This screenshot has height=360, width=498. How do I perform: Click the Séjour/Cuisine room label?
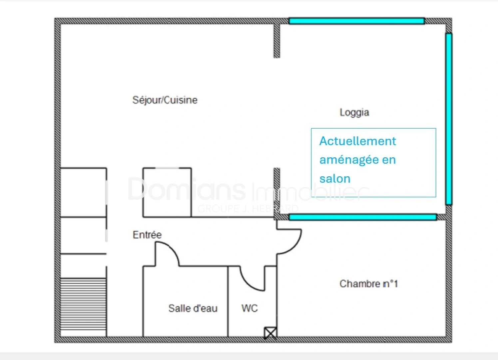coord(165,100)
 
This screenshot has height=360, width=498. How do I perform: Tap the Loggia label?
coord(354,113)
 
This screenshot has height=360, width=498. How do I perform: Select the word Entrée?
coord(147,235)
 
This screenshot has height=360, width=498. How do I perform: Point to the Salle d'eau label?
coord(193,308)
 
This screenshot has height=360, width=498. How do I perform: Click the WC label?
coord(249,308)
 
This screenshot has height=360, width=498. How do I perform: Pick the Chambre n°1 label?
coord(369,284)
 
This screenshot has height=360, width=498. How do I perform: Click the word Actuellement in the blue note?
coord(358,141)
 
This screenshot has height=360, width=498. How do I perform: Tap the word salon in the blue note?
coord(335,179)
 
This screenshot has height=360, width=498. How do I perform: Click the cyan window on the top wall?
coord(357,21)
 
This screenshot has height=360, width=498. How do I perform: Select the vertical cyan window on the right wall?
coord(449,119)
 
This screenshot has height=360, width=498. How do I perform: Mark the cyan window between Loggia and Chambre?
coord(363,217)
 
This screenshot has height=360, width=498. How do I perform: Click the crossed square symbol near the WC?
coord(270,333)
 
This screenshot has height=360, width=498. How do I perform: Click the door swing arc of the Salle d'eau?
coord(170,249)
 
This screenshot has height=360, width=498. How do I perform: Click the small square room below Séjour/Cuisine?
coord(167,192)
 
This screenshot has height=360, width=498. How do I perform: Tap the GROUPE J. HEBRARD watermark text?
coord(248,209)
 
